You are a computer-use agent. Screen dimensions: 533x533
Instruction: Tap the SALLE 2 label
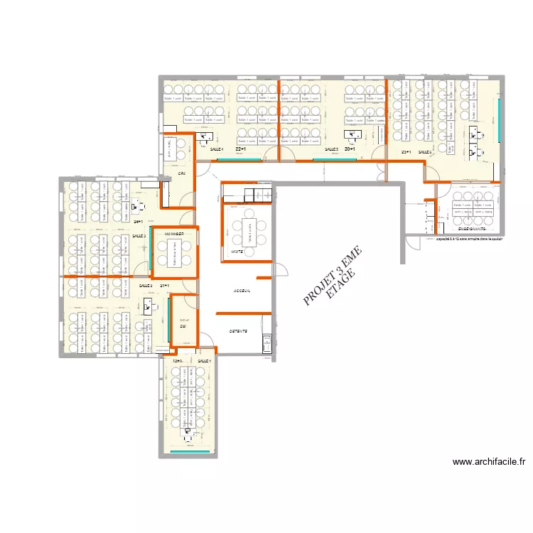[x=146, y=285]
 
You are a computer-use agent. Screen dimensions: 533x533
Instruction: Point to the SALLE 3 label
[x=139, y=235]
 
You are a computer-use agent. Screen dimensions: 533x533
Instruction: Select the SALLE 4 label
[x=216, y=149]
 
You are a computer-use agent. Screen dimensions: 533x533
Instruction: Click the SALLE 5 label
[x=332, y=149]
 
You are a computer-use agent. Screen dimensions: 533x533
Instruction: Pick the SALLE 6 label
[x=425, y=152]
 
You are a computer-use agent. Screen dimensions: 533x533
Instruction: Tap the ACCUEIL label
[x=242, y=291]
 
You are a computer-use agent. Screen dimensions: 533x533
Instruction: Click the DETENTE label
[x=238, y=332]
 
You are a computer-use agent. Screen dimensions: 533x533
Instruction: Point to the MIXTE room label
[x=237, y=252]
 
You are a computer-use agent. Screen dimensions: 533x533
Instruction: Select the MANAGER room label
[x=175, y=234]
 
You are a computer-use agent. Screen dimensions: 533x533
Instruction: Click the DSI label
[x=183, y=326]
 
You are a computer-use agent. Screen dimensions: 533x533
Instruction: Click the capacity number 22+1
[x=240, y=149]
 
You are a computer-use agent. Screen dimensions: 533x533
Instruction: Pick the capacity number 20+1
[x=349, y=149]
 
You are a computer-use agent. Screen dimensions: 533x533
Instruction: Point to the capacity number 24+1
[x=137, y=221]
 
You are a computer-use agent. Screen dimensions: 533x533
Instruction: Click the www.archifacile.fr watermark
[x=488, y=462]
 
